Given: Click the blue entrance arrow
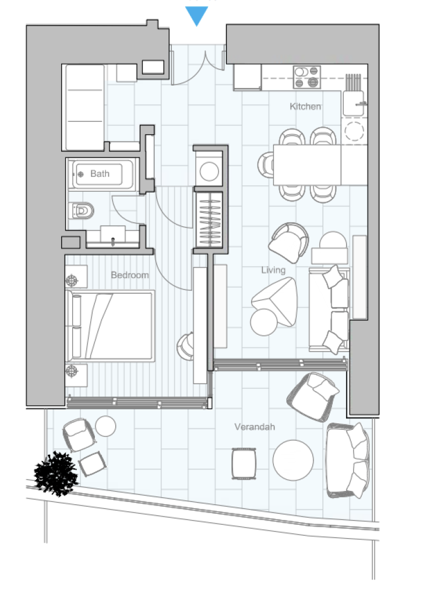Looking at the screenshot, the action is tap(196, 16).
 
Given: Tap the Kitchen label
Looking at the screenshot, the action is tap(305, 106).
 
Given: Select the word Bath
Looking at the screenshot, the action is tap(100, 174).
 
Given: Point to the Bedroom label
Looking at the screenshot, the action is tap(130, 275).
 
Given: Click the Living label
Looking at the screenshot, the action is tap(273, 270).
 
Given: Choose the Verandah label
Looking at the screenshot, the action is tap(255, 427).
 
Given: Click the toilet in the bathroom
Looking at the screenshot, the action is tap(81, 210).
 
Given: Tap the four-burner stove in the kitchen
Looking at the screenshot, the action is tap(306, 77).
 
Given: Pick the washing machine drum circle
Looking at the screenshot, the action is tap(209, 171).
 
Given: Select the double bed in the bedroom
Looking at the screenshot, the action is tap(110, 326).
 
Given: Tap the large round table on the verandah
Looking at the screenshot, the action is tap(293, 460).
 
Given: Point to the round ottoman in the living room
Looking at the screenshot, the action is tap(264, 322).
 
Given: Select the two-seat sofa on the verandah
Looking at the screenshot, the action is tap(348, 461).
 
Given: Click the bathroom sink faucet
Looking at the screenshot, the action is tap(112, 241).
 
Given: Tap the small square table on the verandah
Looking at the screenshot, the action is tap(244, 463).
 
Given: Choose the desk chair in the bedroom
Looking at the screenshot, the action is tap(186, 346).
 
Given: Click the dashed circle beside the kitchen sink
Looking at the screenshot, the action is tap(354, 131).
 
